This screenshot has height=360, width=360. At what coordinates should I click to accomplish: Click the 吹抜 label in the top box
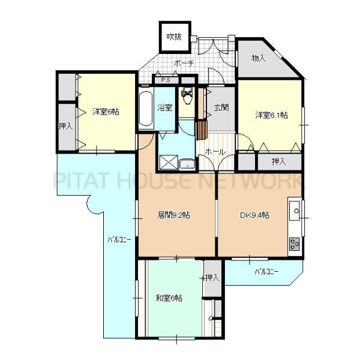click(174, 37)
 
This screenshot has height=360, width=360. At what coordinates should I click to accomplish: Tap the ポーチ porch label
click(184, 63)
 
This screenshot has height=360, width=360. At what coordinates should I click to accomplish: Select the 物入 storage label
click(259, 58)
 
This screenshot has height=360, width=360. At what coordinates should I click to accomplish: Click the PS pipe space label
click(166, 80)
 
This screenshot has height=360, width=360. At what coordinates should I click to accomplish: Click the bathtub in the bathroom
click(146, 109)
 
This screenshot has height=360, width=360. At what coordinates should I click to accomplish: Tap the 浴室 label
click(165, 107)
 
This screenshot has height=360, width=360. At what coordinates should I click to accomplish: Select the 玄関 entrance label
click(221, 107)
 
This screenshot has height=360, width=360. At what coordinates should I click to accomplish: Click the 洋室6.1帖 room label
click(271, 115)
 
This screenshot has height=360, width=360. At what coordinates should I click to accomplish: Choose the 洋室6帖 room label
click(106, 112)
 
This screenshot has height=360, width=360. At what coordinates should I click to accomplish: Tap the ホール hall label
click(215, 152)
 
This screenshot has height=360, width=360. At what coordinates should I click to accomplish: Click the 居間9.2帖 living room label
click(173, 215)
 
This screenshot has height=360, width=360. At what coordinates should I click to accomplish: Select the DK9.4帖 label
click(254, 215)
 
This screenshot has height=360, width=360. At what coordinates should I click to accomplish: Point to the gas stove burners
click(295, 244)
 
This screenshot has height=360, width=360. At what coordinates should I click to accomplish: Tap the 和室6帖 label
click(169, 298)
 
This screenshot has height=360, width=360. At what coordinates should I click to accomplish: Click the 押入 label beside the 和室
click(212, 278)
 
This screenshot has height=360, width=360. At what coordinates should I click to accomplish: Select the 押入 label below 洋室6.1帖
click(279, 161)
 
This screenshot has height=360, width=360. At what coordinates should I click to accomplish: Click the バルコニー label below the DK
click(266, 272)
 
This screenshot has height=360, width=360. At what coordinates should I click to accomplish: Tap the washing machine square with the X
click(169, 163)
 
